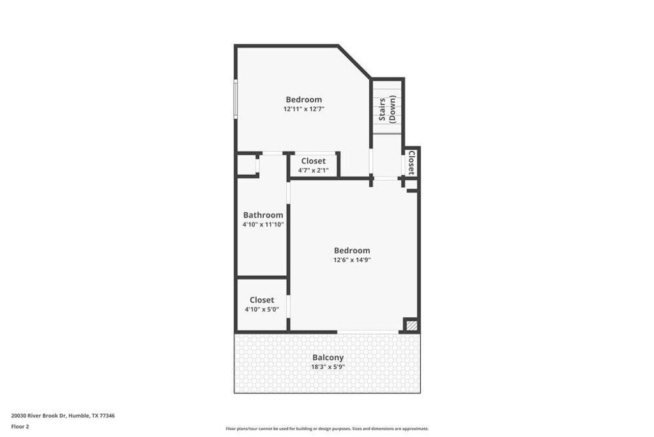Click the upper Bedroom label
pyautogui.click(x=303, y=99)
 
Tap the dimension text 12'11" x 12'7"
pyautogui.click(x=304, y=109)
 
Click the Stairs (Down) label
pyautogui.click(x=388, y=109)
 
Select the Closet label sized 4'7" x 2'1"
pyautogui.click(x=313, y=161)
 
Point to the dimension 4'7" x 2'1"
pyautogui.click(x=313, y=170)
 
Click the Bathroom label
pyautogui.click(x=263, y=215)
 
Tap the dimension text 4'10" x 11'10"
pyautogui.click(x=263, y=225)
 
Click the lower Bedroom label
pyautogui.click(x=352, y=250)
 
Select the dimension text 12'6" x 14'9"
pyautogui.click(x=352, y=260)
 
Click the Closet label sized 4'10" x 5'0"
pyautogui.click(x=262, y=299)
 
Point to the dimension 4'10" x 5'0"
pyautogui.click(x=262, y=310)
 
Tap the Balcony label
pyautogui.click(x=328, y=357)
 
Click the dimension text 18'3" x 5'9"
pyautogui.click(x=328, y=367)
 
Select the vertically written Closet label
pyautogui.click(x=412, y=162)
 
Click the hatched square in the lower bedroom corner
pyautogui.click(x=412, y=326)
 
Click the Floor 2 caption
pyautogui.click(x=20, y=426)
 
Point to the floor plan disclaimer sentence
pyautogui.click(x=327, y=429)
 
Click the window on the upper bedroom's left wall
pyautogui.click(x=236, y=99)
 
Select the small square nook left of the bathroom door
pyautogui.click(x=247, y=165)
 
